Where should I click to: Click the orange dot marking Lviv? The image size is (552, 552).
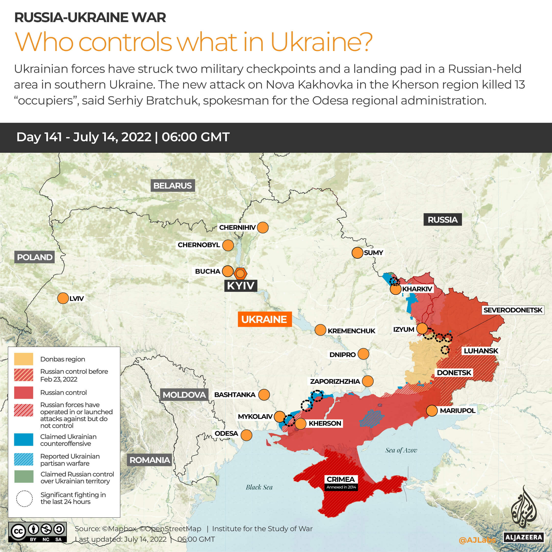63,298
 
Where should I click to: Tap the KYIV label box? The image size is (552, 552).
241,285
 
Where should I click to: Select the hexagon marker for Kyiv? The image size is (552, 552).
240,273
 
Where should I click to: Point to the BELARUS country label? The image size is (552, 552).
173,186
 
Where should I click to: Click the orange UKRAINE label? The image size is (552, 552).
265,319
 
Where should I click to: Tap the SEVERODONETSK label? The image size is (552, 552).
513,310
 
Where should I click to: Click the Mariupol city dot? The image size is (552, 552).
432,411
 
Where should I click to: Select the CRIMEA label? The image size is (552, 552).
341,479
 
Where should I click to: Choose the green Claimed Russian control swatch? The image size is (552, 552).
24,476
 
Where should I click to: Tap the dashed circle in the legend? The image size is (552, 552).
24,499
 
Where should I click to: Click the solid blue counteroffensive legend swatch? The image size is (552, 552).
24,439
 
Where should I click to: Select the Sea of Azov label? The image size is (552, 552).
401,450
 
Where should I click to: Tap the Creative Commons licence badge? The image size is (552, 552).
38,532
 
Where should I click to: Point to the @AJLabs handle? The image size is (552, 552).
477,540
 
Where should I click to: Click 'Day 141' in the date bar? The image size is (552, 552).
39,137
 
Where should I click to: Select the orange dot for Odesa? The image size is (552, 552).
246,435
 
